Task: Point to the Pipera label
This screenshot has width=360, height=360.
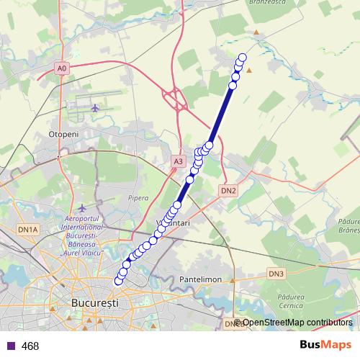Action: [138, 197]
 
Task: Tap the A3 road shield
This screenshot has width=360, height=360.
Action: [178, 163]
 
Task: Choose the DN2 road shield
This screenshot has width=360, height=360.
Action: [228, 191]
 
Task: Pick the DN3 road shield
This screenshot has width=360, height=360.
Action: [277, 274]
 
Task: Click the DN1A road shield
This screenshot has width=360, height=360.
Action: [27, 229]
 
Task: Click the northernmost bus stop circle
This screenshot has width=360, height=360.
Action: [243, 58]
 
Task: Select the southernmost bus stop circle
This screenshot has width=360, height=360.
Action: [119, 281]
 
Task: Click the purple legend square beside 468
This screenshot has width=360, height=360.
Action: [10, 346]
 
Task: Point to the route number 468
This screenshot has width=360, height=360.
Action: [30, 346]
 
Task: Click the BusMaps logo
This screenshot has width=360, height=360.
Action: [326, 345]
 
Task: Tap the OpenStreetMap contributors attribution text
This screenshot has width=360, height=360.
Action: [297, 323]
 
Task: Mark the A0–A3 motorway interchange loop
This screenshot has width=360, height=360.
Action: [175, 97]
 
